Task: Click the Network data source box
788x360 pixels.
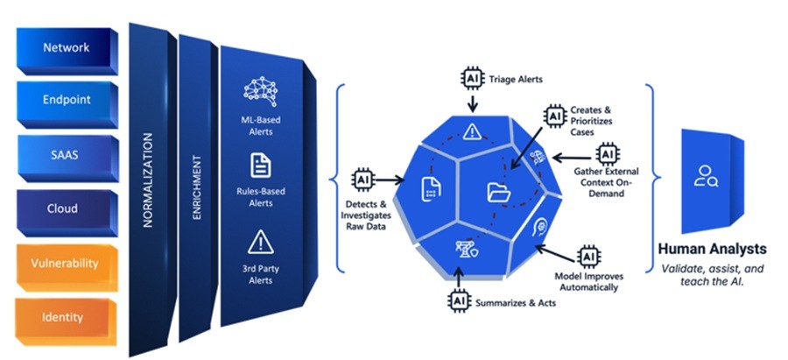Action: pyautogui.click(x=67, y=50)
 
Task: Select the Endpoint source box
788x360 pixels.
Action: pyautogui.click(x=67, y=103)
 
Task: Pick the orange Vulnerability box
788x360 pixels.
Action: pyautogui.click(x=67, y=266)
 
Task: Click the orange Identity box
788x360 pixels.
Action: pyautogui.click(x=66, y=321)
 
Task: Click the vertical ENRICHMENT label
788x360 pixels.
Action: pyautogui.click(x=198, y=187)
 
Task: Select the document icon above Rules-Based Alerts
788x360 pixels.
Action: pyautogui.click(x=261, y=166)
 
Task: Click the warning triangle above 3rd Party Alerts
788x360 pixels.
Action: pyautogui.click(x=261, y=242)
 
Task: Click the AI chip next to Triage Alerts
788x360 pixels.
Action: pyautogui.click(x=472, y=79)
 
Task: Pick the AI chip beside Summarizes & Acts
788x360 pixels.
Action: pyautogui.click(x=458, y=301)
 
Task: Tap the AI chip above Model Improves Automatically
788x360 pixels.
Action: pyautogui.click(x=588, y=257)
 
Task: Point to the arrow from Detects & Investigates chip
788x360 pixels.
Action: pyautogui.click(x=390, y=180)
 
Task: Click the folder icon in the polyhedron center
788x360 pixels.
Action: pyautogui.click(x=498, y=192)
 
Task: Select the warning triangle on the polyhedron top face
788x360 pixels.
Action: pyautogui.click(x=473, y=131)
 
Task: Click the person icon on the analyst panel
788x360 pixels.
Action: pyautogui.click(x=706, y=176)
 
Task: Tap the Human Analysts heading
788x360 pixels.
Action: pyautogui.click(x=712, y=249)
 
